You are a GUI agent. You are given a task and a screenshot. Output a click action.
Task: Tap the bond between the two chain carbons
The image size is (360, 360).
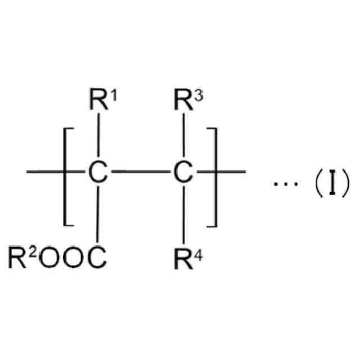pos(139,171)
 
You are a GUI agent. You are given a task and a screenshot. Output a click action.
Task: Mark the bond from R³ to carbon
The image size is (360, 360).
pos(181,137)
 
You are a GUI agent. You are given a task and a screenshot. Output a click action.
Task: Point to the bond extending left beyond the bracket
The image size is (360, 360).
pos(45,171)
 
